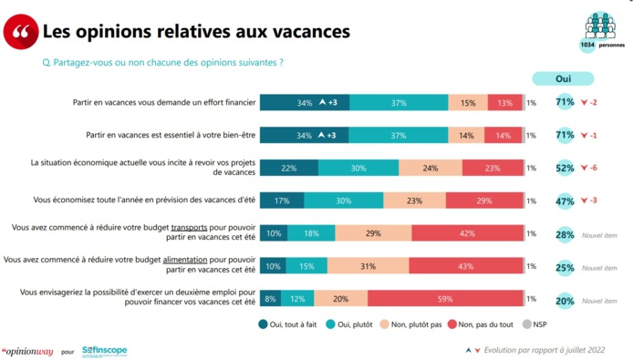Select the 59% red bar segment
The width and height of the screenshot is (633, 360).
click(445, 298)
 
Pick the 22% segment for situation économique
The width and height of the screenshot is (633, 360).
click(289, 168)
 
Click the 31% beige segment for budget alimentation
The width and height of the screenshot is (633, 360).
click(368, 265)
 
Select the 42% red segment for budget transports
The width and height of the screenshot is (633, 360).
click(467, 233)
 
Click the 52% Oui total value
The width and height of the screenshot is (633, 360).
click(565, 168)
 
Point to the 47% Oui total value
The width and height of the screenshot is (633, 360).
click(565, 201)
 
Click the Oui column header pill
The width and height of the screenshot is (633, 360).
click(563, 79)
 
